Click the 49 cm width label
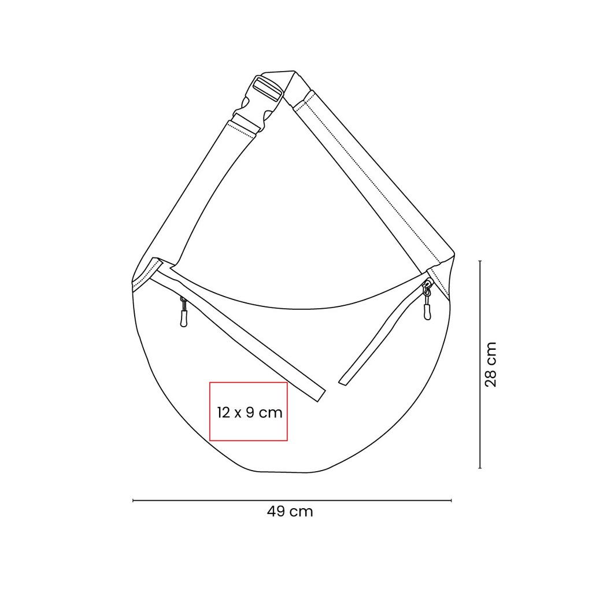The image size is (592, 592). coord(290,512)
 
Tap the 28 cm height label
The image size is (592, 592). coord(490,364)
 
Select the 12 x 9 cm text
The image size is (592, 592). coord(250,413)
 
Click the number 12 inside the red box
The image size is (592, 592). coord(224,413)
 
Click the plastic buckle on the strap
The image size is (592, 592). coord(260,101)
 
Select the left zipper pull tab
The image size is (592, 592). coord(184,316)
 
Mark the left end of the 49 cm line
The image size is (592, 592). coord(134,501)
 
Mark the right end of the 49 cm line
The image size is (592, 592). coord(452,501)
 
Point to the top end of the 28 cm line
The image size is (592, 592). coord(480,261)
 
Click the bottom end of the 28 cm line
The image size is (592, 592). coord(480,468)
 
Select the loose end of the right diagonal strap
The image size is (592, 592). coord(343,380)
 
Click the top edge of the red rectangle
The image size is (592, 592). coord(248,382)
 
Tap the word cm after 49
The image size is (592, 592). coord(301,512)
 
